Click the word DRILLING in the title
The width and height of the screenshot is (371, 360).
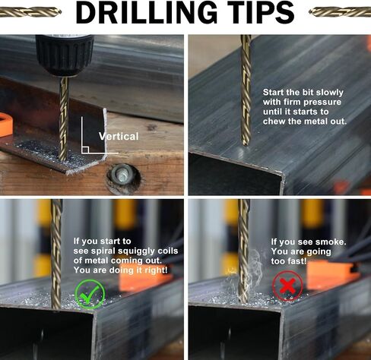tap(147, 12)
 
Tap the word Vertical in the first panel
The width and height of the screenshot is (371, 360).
tap(119, 137)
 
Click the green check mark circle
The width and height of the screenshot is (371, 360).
tap(90, 294)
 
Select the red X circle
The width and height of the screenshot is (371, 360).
tap(287, 286)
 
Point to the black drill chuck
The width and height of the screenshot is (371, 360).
tap(65, 55)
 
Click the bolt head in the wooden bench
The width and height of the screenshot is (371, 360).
tap(123, 175)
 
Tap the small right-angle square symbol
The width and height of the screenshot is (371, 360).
tap(85, 150)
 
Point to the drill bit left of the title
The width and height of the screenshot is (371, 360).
tap(30, 11)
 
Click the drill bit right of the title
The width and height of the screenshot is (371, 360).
tap(340, 11)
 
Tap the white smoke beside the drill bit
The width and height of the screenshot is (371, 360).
tap(255, 268)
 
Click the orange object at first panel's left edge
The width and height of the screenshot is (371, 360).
tap(5, 125)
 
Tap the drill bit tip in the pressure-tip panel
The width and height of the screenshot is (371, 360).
tap(245, 144)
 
